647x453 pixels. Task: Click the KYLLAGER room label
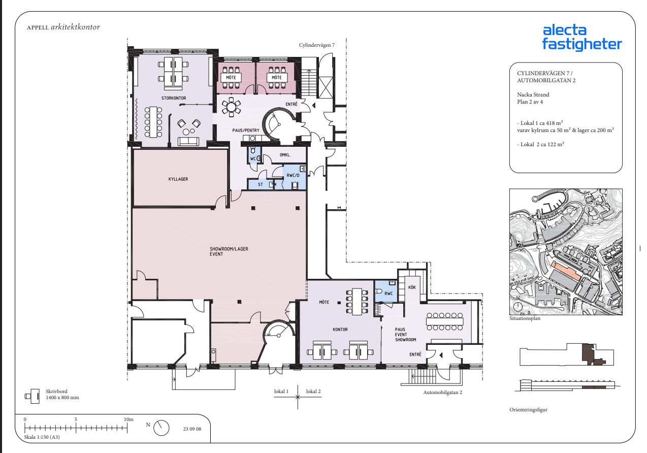click(x=178, y=179)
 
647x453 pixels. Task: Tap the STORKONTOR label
click(x=174, y=98)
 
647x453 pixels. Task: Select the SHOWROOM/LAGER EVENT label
click(x=229, y=251)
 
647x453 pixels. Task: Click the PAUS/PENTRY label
click(x=246, y=131)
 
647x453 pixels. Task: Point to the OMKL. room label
click(x=285, y=155)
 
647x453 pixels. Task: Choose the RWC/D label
click(x=293, y=175)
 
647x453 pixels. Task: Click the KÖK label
click(x=412, y=287)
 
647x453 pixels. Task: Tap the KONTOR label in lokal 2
click(x=340, y=330)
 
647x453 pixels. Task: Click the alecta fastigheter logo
click(x=581, y=39)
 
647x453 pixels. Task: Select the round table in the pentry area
click(x=231, y=107)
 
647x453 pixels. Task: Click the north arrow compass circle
click(x=161, y=428)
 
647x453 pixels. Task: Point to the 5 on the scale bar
click(x=76, y=419)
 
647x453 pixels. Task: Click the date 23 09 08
click(x=192, y=429)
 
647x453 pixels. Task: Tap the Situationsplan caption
click(x=525, y=318)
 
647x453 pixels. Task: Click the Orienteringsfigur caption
click(x=528, y=410)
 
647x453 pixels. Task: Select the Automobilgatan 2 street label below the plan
click(x=442, y=393)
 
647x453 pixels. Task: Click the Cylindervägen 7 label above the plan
click(x=317, y=45)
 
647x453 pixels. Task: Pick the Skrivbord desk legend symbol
click(x=33, y=396)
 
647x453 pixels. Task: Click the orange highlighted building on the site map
click(x=566, y=270)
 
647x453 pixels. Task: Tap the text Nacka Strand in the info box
click(x=533, y=94)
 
